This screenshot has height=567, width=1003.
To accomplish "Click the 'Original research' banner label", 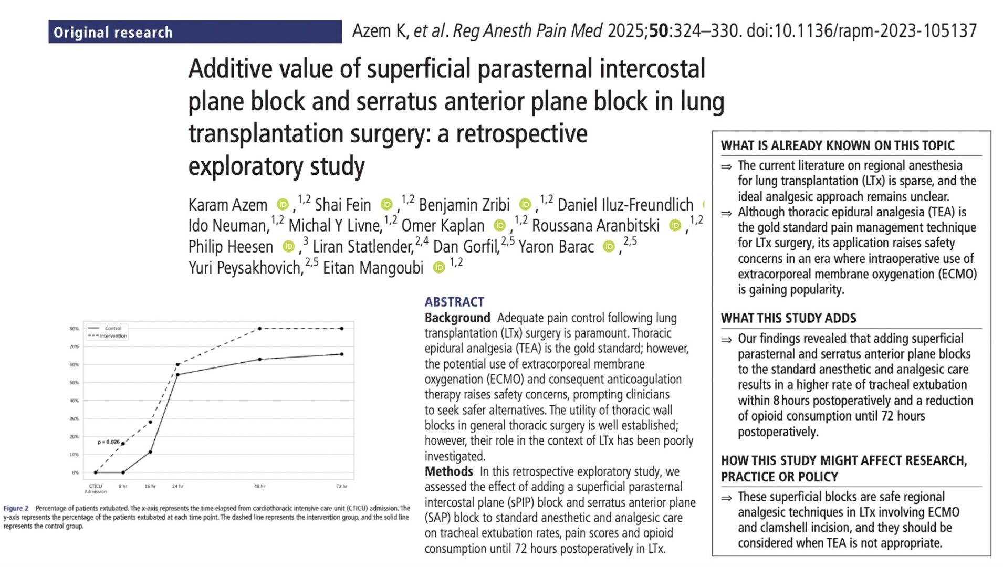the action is click(113, 33).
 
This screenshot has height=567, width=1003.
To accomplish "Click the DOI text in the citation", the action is click(861, 31).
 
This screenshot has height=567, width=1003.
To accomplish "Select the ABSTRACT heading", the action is click(454, 302).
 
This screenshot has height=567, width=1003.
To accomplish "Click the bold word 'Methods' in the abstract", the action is click(449, 471).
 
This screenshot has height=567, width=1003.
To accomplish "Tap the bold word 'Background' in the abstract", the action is click(457, 318).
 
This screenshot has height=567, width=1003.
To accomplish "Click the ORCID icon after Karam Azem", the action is click(283, 204).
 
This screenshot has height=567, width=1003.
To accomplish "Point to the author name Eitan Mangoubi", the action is click(373, 268).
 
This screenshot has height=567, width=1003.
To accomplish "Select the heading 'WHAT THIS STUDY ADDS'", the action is click(788, 318).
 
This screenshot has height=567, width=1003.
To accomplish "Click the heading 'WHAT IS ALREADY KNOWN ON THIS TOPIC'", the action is click(838, 145).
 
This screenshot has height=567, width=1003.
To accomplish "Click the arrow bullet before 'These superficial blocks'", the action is click(726, 498).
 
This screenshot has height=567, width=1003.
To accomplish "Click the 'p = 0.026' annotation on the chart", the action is click(109, 442).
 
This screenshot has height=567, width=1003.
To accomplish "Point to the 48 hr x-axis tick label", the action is click(259, 487).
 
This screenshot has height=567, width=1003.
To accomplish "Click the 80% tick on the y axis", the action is click(74, 329).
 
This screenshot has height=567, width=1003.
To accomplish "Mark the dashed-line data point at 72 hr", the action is click(342, 329).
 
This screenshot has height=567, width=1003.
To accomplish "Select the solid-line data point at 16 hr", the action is click(150, 452).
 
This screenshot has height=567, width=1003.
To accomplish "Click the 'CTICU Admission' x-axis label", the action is click(96, 489).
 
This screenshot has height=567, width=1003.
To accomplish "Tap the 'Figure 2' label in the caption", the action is click(16, 508).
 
